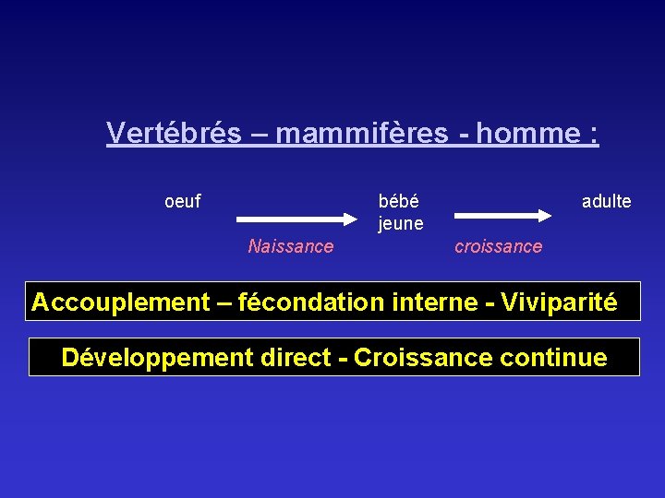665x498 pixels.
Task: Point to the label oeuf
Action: (x=182, y=200)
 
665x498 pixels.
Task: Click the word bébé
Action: (x=398, y=200)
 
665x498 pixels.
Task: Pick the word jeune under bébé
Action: (x=400, y=223)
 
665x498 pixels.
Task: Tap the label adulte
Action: (x=606, y=200)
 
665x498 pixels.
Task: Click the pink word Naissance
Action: (x=290, y=246)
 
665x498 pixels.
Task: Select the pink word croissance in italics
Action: (x=498, y=246)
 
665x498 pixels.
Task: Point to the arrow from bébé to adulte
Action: (x=502, y=215)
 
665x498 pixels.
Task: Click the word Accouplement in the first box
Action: (x=121, y=302)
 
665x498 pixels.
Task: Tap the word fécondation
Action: (x=301, y=302)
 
